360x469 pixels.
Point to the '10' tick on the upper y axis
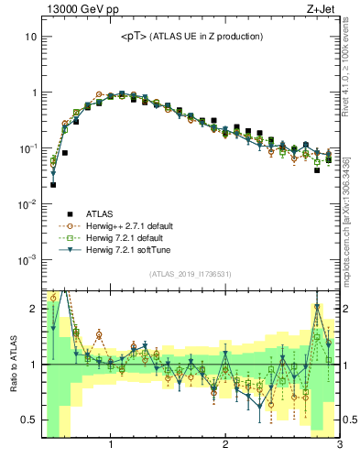point(29,38)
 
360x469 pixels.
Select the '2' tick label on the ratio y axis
point(32,309)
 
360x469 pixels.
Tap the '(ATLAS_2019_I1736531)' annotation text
point(191,273)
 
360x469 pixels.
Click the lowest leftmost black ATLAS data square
point(53,184)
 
